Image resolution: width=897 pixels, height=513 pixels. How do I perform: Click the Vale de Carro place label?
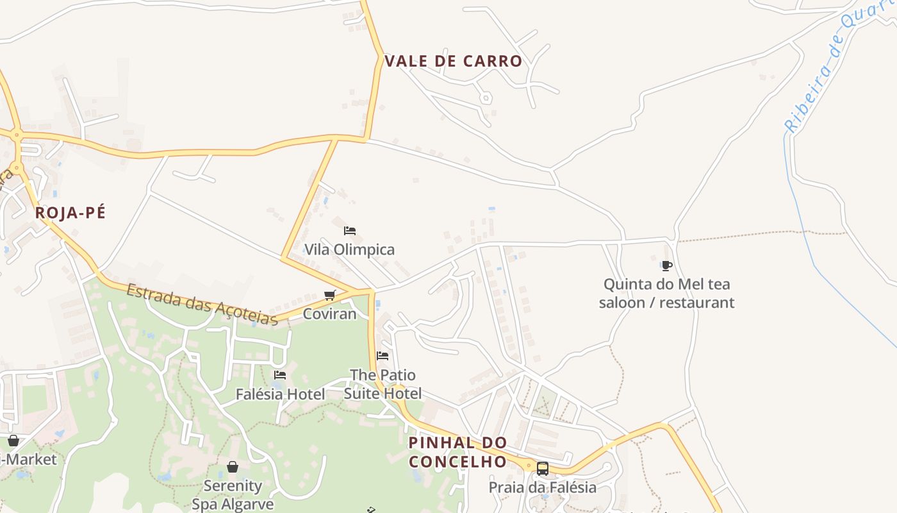(453, 62)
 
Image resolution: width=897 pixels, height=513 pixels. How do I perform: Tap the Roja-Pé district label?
(70, 213)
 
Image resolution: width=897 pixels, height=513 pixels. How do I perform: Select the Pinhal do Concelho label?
(457, 452)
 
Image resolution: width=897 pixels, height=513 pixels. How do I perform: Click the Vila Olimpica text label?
(349, 249)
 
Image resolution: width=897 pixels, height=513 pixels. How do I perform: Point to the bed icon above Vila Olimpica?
(349, 231)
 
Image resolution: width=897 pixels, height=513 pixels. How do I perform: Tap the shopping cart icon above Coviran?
(330, 295)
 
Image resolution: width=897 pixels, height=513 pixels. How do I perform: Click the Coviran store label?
(329, 314)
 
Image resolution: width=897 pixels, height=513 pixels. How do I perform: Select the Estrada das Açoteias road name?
(202, 305)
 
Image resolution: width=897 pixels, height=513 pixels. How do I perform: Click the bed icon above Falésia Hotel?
(280, 375)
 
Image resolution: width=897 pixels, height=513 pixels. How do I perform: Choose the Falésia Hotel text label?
(280, 394)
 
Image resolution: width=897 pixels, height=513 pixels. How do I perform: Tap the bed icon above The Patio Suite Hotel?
(383, 355)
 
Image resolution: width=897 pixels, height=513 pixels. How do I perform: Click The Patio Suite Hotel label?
(383, 383)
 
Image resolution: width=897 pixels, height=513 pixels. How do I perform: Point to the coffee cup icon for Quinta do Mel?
(666, 265)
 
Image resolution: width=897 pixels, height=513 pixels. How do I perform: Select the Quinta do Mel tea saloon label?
(666, 293)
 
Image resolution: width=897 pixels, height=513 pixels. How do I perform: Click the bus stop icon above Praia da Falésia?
(542, 469)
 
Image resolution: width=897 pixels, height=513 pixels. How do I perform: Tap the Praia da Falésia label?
(542, 487)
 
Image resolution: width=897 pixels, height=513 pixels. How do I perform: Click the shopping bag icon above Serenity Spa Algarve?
(233, 467)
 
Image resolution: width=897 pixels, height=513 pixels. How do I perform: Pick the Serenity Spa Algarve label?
(233, 495)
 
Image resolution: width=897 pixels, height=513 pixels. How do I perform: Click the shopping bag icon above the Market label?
(13, 441)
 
